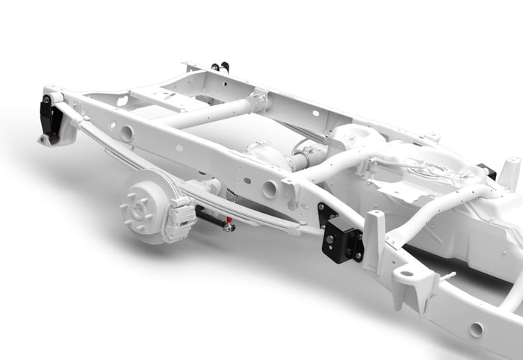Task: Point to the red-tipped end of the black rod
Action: coord(229,223)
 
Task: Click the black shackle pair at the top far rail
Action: coord(220,66)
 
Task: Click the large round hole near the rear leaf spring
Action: coord(126,134)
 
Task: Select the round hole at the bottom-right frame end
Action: coord(476,329)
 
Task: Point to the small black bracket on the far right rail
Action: coord(487,171)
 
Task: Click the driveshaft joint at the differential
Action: coord(302,161)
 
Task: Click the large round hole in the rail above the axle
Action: coord(270,189)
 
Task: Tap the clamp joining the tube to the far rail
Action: coord(260,99)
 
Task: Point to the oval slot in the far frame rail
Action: coord(316,114)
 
